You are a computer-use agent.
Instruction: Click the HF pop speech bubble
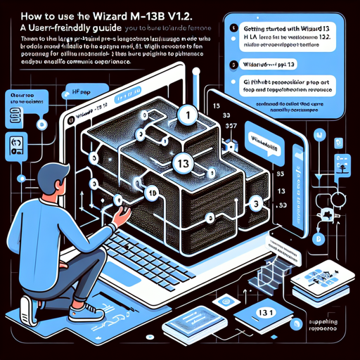pyautogui.click(x=89, y=92)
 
